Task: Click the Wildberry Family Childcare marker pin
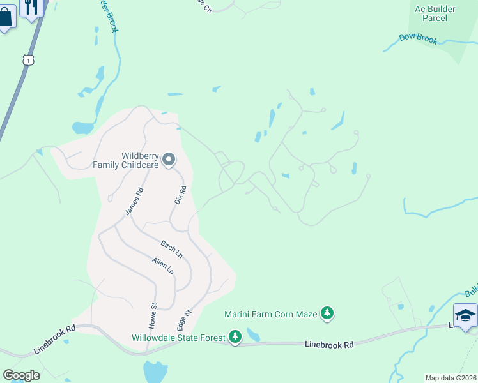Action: tap(169, 159)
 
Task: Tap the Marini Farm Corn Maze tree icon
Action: tap(327, 313)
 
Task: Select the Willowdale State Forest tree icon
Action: tap(235, 337)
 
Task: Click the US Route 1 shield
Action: tap(27, 59)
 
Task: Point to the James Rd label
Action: tap(134, 201)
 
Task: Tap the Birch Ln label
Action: tap(171, 250)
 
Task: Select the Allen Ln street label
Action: tap(163, 266)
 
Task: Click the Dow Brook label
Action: tap(418, 39)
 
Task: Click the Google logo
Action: tap(21, 375)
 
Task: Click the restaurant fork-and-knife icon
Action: tap(31, 7)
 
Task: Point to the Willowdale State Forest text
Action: tap(179, 338)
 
